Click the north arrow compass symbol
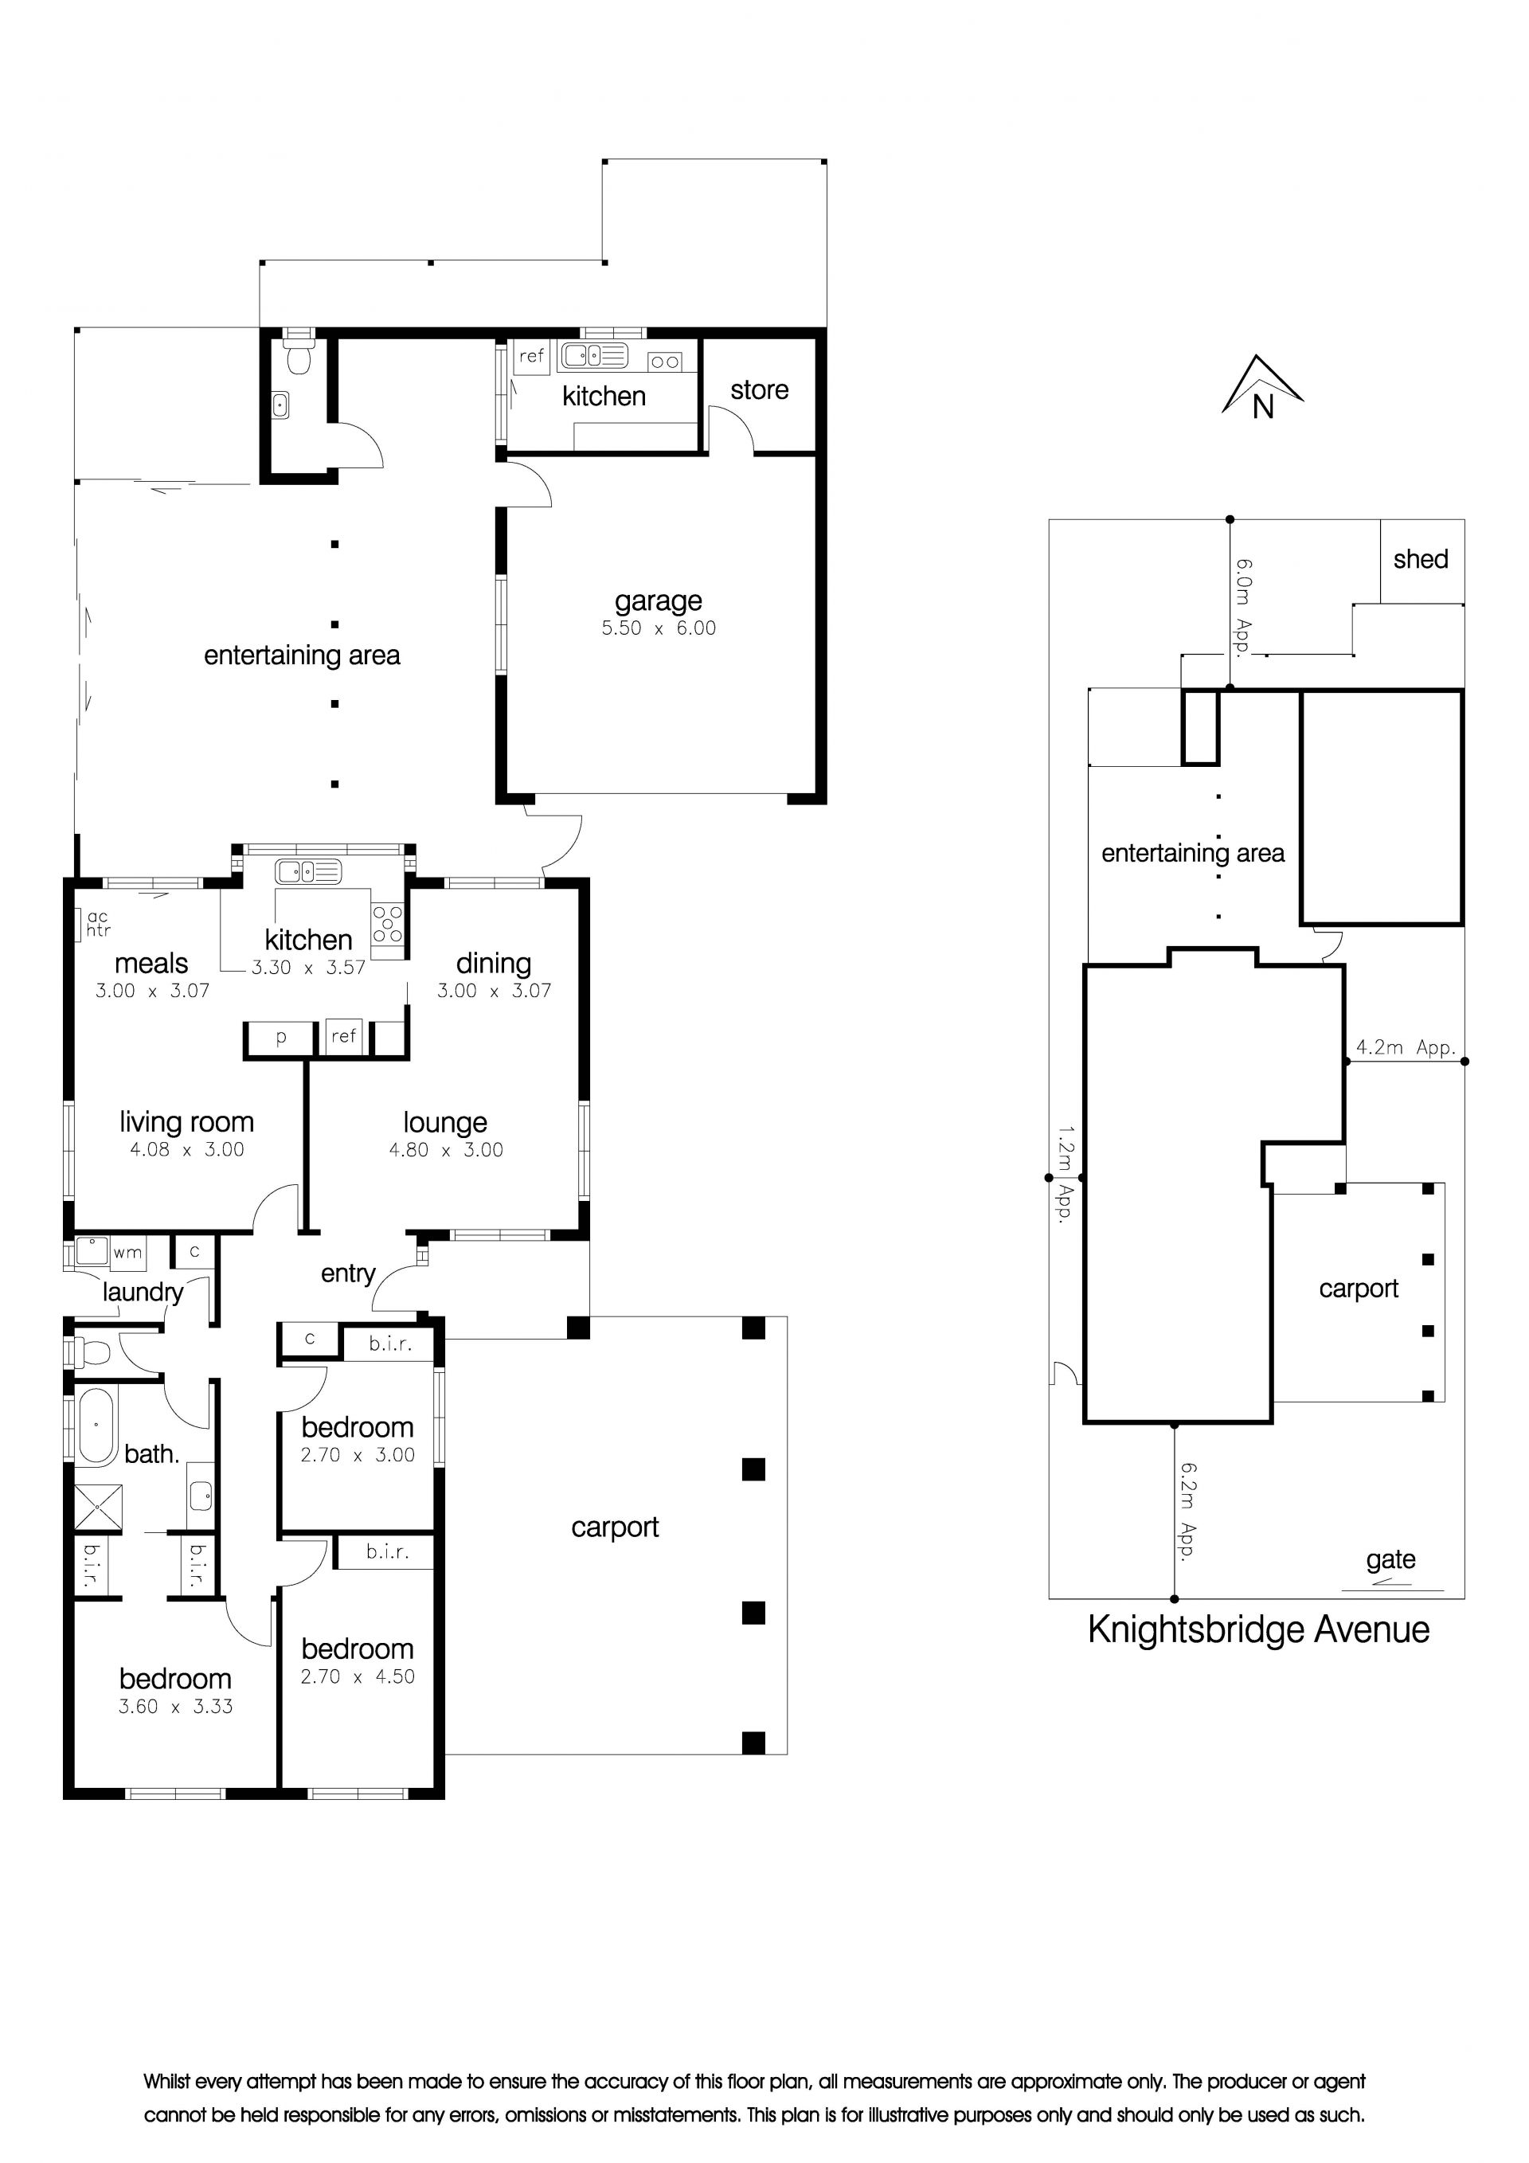pos(1262,387)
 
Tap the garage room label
pos(659,601)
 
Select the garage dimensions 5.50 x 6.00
pos(659,628)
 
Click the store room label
pos(759,390)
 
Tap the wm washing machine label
pos(127,1253)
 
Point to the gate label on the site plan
pos(1390,1560)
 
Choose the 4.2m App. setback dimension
pos(1406,1046)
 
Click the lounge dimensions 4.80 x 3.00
pos(446,1149)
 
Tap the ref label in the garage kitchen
pos(531,356)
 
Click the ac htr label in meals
pos(98,923)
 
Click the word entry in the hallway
pos(348,1274)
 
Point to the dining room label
pos(494,964)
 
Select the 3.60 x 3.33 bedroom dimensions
pos(175,1706)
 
